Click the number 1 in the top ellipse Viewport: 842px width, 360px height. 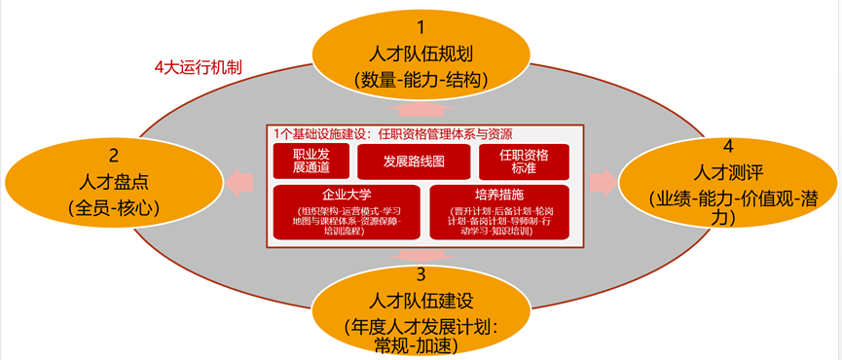421,27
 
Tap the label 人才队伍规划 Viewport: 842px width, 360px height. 421,54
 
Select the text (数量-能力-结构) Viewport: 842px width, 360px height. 421,80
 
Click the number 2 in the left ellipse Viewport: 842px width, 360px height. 114,155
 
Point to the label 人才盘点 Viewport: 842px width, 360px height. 114,181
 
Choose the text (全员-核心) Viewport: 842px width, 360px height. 114,207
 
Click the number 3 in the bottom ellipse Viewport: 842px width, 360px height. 421,273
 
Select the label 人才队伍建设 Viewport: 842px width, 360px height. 421,299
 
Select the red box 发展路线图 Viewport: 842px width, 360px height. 414,162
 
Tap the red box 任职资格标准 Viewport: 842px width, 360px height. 524,162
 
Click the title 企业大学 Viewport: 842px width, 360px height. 347,195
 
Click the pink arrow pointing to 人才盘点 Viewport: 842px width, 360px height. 241,182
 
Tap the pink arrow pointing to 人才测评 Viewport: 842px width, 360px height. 602,182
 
